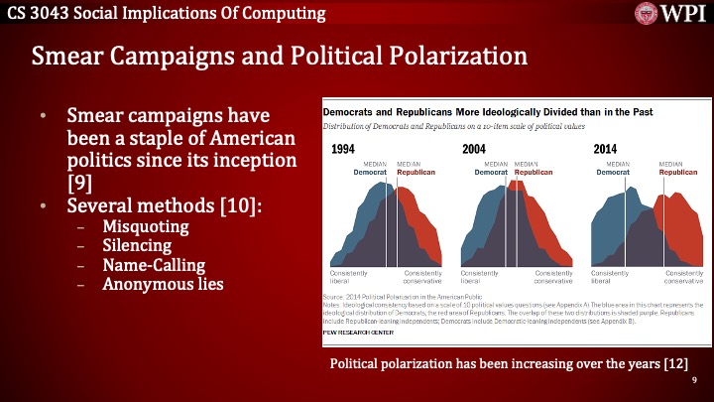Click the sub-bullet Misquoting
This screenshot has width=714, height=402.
point(146,226)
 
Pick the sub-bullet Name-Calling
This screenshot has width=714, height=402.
point(154,265)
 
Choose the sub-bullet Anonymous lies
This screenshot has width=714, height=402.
point(163,285)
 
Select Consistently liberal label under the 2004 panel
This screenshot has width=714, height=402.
point(480,277)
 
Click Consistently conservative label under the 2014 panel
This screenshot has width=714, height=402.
point(683,277)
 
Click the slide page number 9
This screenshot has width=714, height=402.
point(694,380)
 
